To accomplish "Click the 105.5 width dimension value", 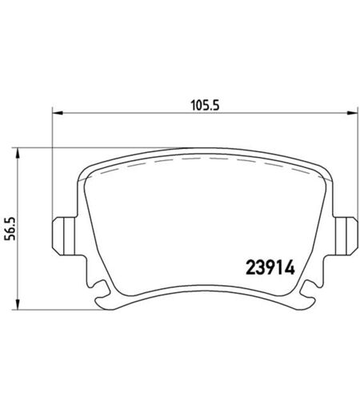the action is click(205, 106).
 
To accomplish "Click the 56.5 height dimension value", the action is click(11, 229).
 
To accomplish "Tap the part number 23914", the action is click(270, 267).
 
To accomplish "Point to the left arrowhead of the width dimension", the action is click(58, 113).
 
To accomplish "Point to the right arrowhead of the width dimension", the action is click(351, 113).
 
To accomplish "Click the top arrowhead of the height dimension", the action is click(18, 153).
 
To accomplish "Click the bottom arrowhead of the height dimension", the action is click(18, 304).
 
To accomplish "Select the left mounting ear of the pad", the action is click(64, 236).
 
